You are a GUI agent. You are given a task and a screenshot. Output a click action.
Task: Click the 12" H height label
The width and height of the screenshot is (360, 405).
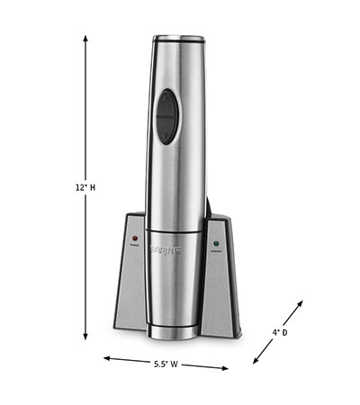pos(85,186)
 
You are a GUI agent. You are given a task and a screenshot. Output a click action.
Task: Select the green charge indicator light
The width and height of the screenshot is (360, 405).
pos(216,242)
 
